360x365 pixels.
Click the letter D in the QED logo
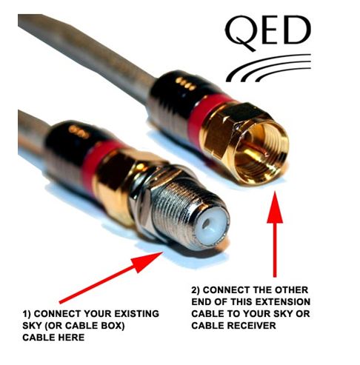(298, 30)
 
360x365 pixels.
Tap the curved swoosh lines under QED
(268, 68)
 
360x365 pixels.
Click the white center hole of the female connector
(206, 224)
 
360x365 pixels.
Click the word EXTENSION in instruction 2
(282, 301)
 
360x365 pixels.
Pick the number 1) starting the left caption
(27, 314)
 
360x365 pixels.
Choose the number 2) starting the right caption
(196, 290)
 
